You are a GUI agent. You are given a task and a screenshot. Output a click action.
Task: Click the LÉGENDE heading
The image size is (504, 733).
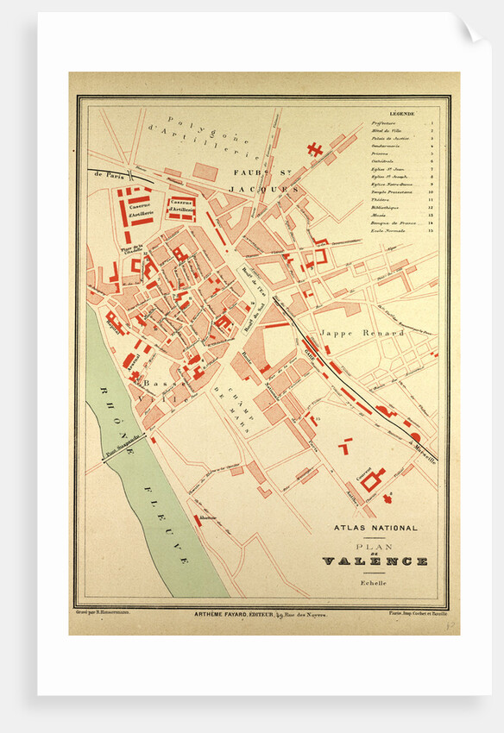[x=401, y=114]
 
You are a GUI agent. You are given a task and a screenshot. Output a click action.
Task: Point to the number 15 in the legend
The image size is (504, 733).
[x=430, y=231]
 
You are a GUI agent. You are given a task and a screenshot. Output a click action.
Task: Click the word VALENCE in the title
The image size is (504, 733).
[x=375, y=561]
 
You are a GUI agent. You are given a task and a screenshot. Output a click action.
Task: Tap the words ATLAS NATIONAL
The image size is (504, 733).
[x=375, y=528]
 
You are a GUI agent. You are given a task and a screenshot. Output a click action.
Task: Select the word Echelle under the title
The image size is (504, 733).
[x=375, y=583]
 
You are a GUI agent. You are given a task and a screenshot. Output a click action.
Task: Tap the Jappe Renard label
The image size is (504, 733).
[x=350, y=332]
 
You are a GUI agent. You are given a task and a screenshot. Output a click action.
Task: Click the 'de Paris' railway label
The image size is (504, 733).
[x=102, y=172]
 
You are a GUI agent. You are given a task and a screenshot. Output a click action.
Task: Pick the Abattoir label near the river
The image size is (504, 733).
[x=205, y=517]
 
